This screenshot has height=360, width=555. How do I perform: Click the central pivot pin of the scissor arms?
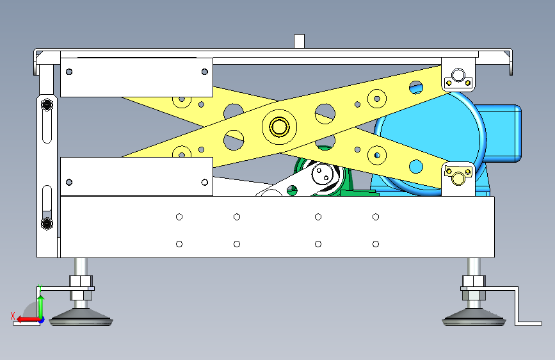(x=279, y=126)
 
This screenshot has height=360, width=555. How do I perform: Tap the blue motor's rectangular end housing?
(x=500, y=133)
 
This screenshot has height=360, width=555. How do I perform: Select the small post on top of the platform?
(x=299, y=41)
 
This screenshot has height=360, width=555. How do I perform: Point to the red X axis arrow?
(x=28, y=320)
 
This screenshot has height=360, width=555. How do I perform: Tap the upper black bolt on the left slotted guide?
(x=47, y=105)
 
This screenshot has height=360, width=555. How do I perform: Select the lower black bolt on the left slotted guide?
(x=47, y=223)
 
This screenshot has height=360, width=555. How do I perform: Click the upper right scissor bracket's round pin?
(x=458, y=75)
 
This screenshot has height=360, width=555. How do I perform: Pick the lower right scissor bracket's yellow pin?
(x=458, y=179)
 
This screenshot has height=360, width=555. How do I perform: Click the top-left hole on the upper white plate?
(x=69, y=72)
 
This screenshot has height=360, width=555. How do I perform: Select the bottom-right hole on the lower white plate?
(x=205, y=182)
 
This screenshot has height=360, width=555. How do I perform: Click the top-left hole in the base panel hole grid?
(x=179, y=217)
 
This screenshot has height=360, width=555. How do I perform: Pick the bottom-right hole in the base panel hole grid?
(x=376, y=244)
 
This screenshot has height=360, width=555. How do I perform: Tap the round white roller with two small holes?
(x=323, y=174)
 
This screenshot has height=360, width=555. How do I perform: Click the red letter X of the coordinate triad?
(x=13, y=316)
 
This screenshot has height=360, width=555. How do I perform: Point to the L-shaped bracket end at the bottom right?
(x=529, y=323)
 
